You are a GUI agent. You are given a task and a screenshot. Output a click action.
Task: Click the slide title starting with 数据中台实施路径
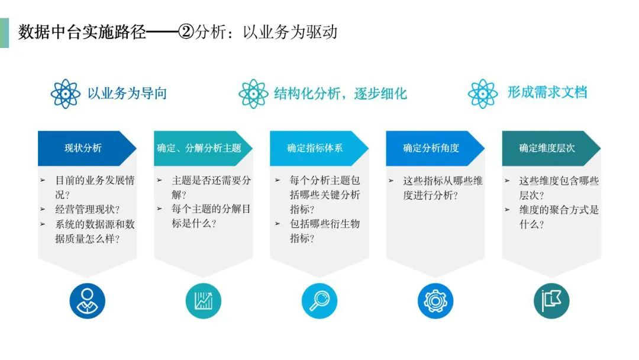177,32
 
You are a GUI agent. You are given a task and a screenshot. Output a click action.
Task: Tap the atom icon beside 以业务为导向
65,94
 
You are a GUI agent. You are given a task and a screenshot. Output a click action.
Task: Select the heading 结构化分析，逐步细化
340,94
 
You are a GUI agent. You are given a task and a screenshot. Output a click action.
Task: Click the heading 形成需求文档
547,92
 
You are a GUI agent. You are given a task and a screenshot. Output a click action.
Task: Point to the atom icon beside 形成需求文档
483,94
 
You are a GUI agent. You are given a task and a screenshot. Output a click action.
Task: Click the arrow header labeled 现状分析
87,148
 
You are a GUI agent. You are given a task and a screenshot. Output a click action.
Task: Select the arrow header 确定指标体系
319,148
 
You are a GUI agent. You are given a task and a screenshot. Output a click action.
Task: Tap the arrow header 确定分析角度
435,148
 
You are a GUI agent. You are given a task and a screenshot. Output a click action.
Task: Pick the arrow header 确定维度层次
551,148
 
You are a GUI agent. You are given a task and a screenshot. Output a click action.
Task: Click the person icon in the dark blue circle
87,301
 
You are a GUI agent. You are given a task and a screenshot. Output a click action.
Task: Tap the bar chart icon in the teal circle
204,301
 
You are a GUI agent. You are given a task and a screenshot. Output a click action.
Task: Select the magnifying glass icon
319,301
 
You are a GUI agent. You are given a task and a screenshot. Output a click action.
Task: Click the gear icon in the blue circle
435,301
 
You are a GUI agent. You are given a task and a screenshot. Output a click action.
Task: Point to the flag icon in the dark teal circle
551,301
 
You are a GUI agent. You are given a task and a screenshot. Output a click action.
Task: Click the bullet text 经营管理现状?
87,210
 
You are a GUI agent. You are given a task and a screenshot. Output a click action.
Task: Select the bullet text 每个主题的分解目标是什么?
211,217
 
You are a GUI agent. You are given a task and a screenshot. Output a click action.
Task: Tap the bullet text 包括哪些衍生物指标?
325,231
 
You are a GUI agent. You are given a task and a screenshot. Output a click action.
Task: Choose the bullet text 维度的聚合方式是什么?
559,217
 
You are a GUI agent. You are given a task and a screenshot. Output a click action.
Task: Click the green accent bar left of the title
5,33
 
